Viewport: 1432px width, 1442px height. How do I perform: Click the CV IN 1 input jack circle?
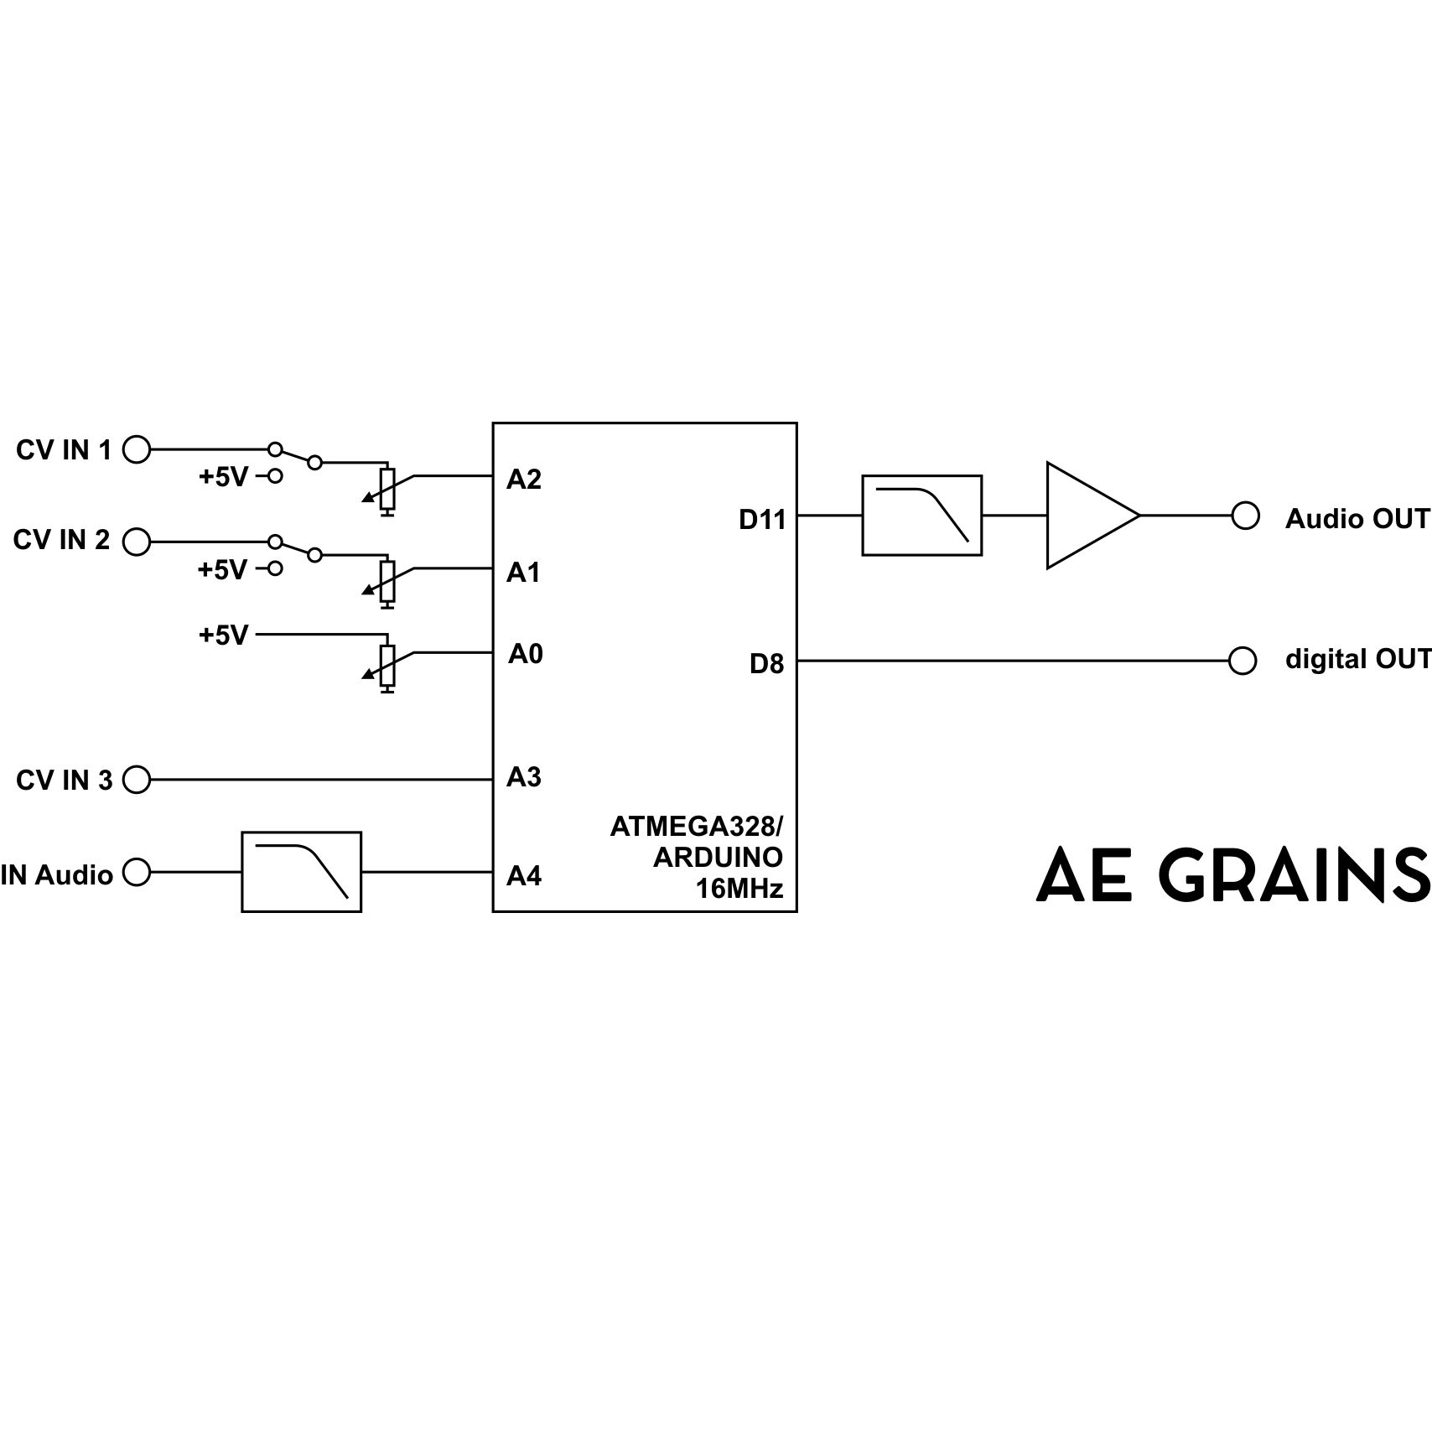pyautogui.click(x=137, y=450)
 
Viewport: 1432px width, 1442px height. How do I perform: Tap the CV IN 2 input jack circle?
pyautogui.click(x=137, y=542)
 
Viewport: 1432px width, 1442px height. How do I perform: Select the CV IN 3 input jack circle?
pyautogui.click(x=137, y=781)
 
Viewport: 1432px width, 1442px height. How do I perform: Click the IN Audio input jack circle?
pyautogui.click(x=137, y=873)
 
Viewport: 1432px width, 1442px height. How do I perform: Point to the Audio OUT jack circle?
pyautogui.click(x=1245, y=516)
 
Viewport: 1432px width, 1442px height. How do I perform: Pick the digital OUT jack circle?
pyautogui.click(x=1243, y=661)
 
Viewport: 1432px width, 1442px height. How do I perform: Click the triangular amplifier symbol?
pyautogui.click(x=1086, y=516)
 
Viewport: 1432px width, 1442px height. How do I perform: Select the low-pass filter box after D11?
pyautogui.click(x=921, y=516)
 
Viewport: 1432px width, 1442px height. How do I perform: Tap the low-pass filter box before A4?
pyautogui.click(x=301, y=872)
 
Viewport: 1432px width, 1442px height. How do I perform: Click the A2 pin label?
pyautogui.click(x=524, y=480)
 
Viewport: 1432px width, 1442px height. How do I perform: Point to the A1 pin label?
pyautogui.click(x=524, y=573)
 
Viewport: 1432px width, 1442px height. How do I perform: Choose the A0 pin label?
pyautogui.click(x=526, y=654)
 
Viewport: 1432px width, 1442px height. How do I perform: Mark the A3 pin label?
pyautogui.click(x=524, y=778)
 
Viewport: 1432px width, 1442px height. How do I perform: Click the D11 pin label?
pyautogui.click(x=762, y=520)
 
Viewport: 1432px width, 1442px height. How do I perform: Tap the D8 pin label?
pyautogui.click(x=766, y=664)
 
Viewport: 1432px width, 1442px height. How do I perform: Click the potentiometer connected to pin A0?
pyautogui.click(x=387, y=666)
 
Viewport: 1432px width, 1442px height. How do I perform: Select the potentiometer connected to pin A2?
pyautogui.click(x=387, y=489)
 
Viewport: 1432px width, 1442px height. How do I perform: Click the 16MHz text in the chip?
pyautogui.click(x=739, y=889)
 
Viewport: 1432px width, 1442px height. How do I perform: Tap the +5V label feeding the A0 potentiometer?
pyautogui.click(x=223, y=635)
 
